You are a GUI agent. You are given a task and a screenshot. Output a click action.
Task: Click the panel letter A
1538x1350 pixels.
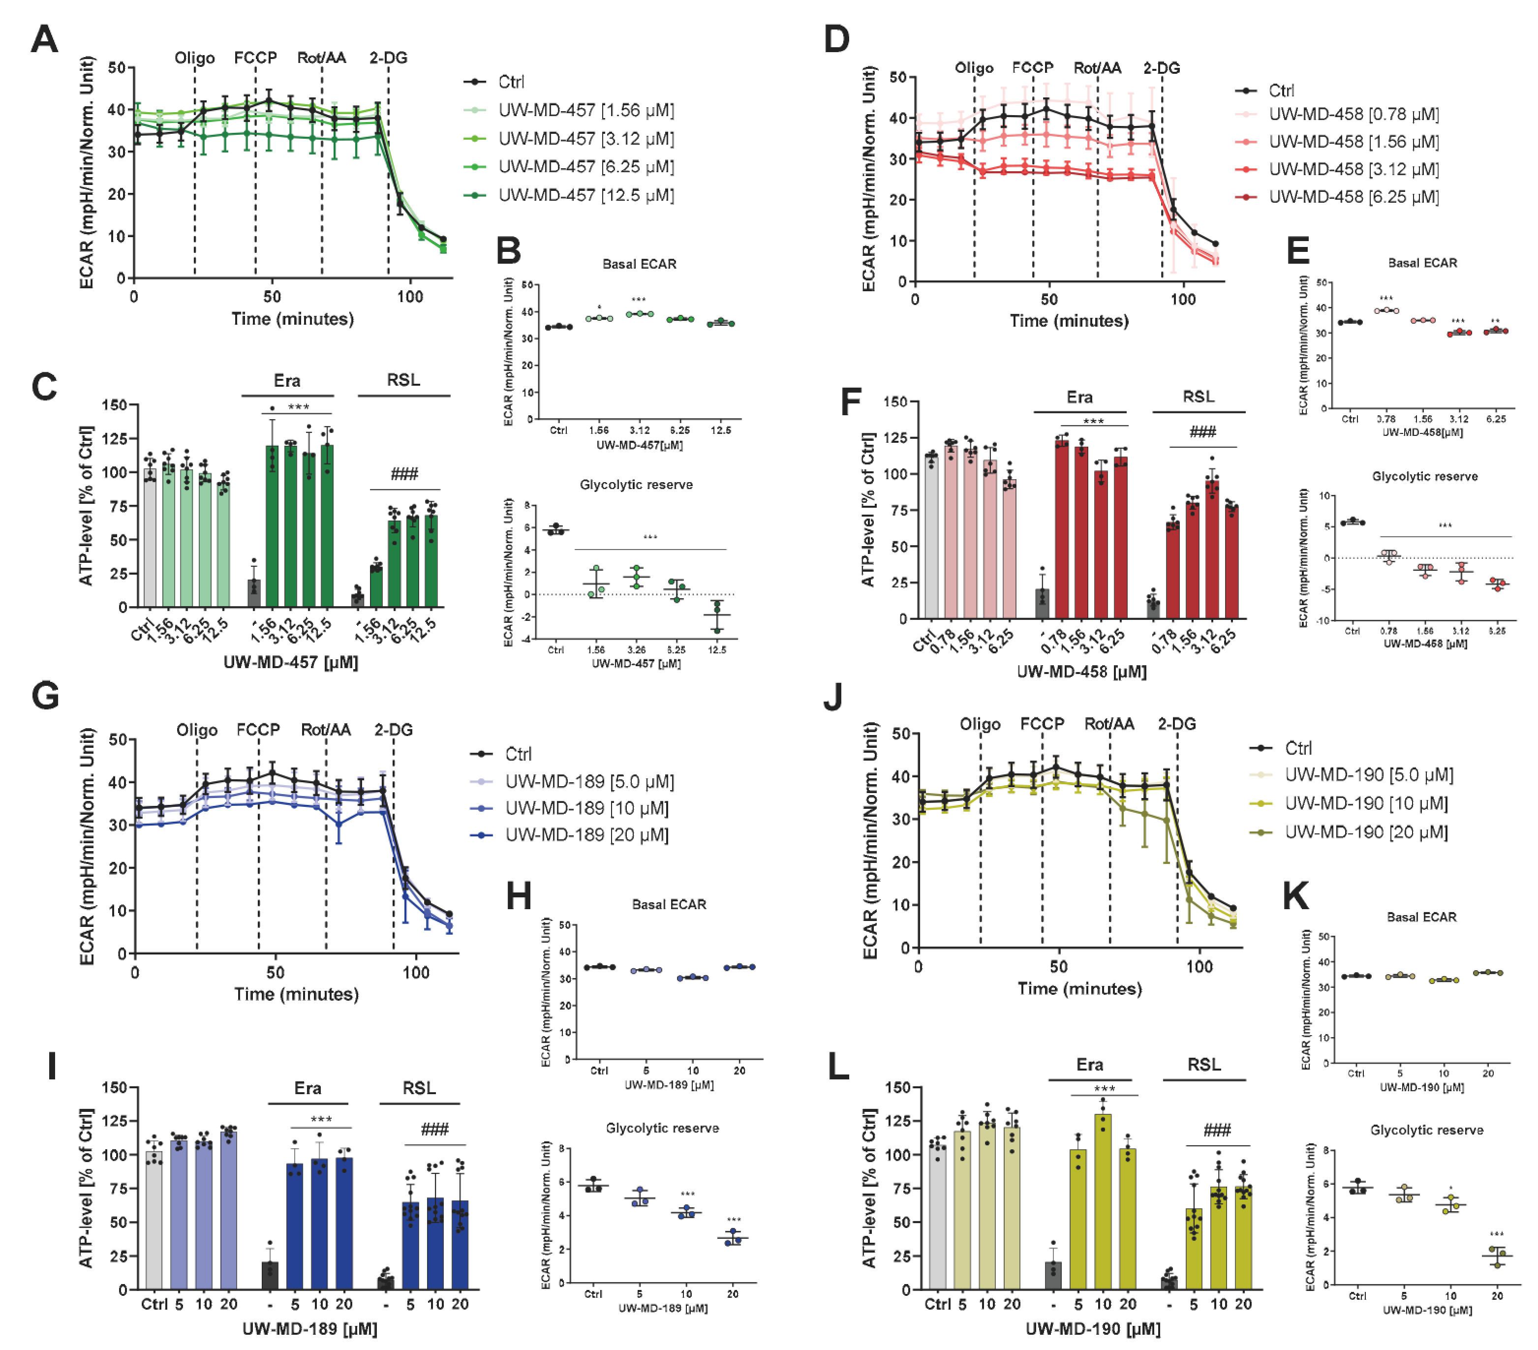coord(44,39)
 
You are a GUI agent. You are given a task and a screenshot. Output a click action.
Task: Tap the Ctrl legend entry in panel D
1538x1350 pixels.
coord(1281,91)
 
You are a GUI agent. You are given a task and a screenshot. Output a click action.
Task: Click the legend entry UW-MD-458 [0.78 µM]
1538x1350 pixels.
coord(1353,114)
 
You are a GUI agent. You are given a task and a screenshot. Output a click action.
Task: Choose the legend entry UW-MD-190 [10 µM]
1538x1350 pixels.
coord(1366,804)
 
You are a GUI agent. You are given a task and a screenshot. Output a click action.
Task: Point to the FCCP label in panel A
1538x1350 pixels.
coord(255,58)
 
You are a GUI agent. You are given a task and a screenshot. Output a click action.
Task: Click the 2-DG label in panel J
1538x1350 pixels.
coord(1176,724)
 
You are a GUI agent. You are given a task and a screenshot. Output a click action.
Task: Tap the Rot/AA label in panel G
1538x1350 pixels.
coord(325,730)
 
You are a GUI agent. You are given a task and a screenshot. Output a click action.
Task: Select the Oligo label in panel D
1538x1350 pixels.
coord(974,68)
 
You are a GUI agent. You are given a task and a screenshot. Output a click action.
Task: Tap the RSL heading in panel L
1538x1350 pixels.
coord(1204,1065)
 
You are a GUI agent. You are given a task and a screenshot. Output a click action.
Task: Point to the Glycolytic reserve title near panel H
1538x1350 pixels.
coord(662,1128)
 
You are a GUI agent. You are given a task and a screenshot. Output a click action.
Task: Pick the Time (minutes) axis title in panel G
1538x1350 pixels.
coord(297,994)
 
